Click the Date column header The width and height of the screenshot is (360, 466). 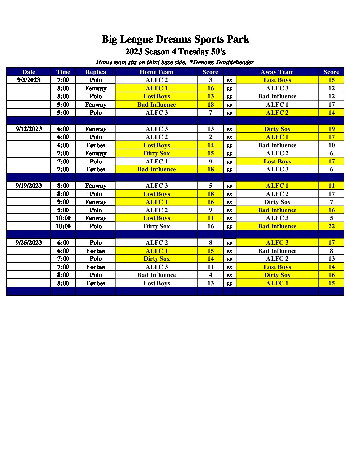(29, 72)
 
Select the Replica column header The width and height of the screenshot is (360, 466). (96, 72)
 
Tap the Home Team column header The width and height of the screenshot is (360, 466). (157, 72)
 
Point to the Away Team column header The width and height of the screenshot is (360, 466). (277, 72)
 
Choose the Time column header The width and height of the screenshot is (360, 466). (63, 72)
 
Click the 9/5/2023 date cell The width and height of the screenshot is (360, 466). (29, 80)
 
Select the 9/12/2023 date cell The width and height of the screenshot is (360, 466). (29, 129)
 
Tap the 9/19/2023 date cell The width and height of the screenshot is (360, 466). (29, 186)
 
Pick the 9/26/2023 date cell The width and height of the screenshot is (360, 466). (29, 243)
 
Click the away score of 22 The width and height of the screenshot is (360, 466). (331, 226)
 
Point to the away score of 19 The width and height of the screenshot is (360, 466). (331, 129)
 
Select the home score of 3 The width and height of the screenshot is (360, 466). (211, 80)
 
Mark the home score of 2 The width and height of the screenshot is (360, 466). (211, 137)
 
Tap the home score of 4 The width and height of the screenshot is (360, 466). (211, 275)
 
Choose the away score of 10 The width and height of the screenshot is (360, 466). (331, 145)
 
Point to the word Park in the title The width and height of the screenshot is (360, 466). (238, 40)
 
